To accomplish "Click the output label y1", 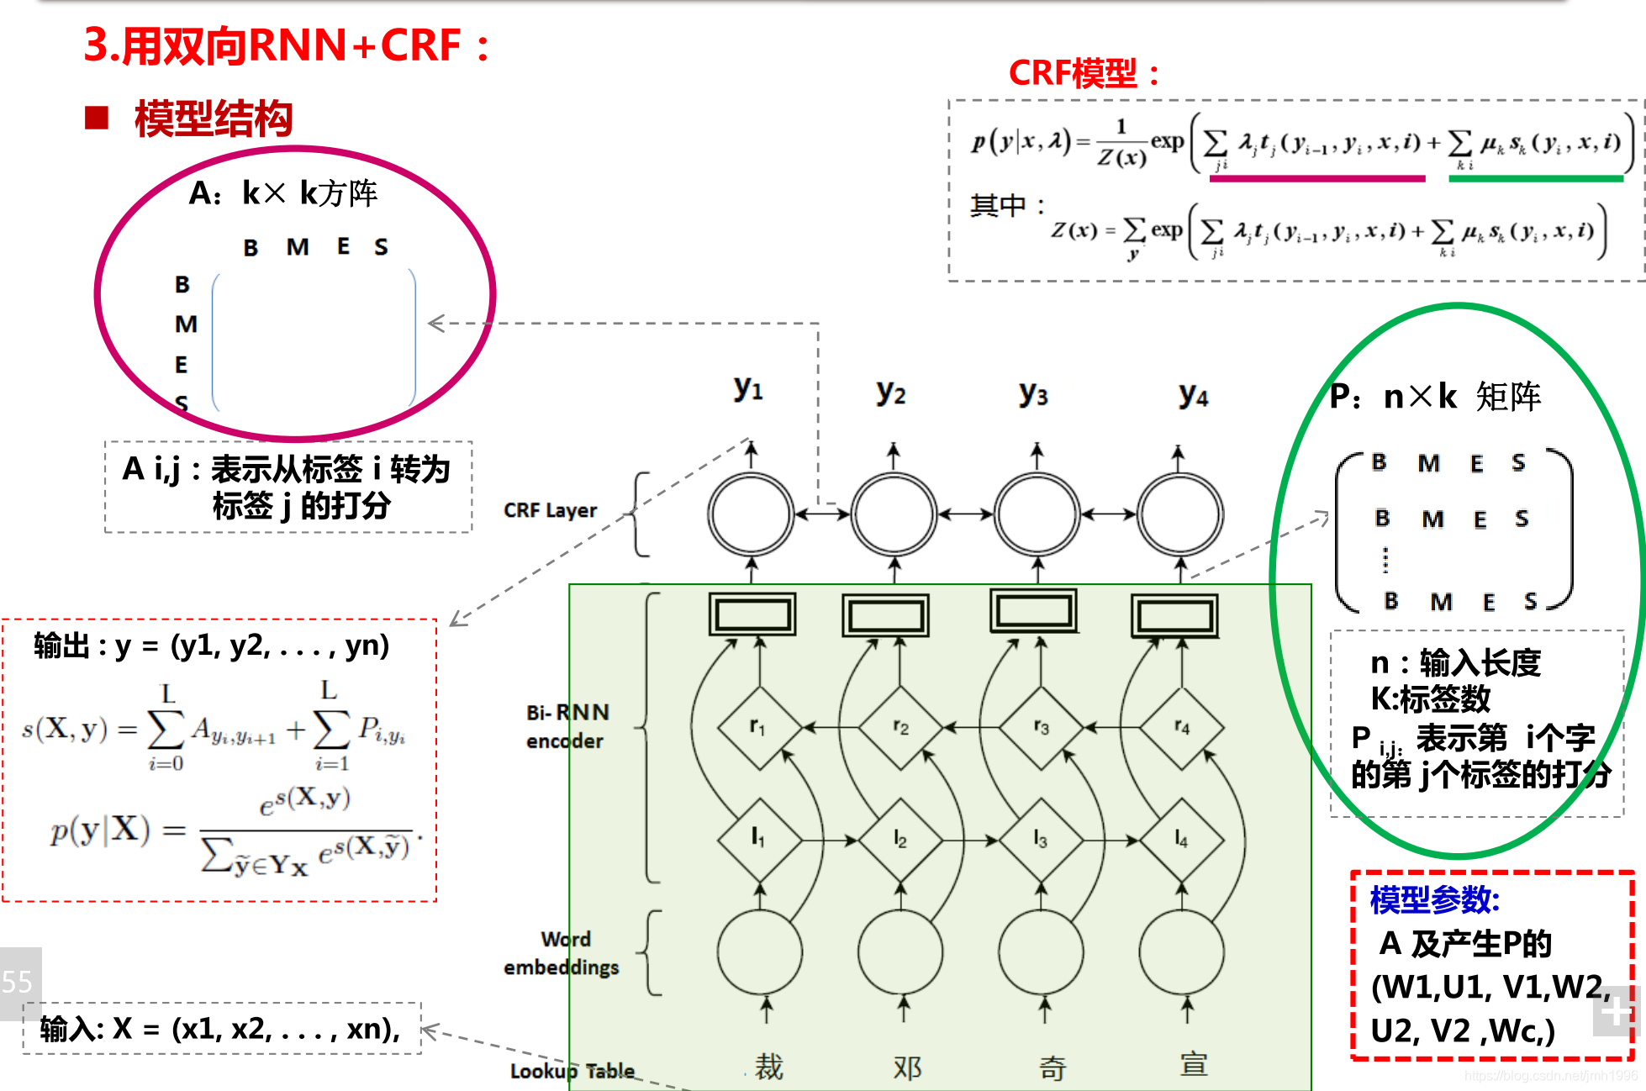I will coord(747,388).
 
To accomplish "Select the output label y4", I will coord(1193,395).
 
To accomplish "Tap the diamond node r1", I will coord(759,726).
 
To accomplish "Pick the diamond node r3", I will coord(1041,726).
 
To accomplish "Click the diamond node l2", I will coord(900,838).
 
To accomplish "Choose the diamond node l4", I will coord(1182,838).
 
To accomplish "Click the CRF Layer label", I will coord(550,510).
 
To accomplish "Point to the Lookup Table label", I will coord(572,1071).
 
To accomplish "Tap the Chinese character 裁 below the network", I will coord(768,1067).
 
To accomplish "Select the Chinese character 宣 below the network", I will coord(1193,1065).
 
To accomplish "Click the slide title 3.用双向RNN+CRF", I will coord(286,45).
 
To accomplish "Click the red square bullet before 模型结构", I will coord(98,118).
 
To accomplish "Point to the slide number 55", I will coord(18,982).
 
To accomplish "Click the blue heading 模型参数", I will coord(1434,900).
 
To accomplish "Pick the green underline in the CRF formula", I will coord(1536,178).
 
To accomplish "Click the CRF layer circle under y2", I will coord(894,514).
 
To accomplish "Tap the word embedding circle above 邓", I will coord(900,952).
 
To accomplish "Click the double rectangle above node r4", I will coord(1175,616).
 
